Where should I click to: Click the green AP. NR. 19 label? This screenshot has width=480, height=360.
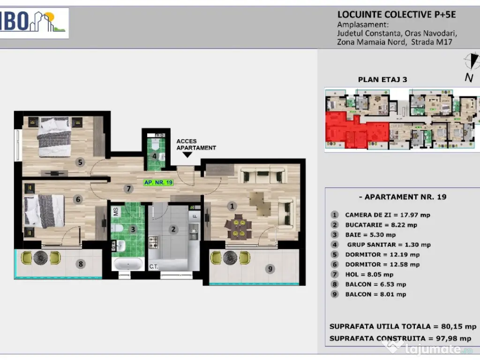158,183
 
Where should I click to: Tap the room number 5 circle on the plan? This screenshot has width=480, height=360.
80,162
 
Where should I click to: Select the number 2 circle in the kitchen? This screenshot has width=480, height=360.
173,229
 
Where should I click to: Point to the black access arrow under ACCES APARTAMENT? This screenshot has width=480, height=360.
187,155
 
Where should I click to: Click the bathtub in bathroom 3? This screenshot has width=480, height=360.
127,264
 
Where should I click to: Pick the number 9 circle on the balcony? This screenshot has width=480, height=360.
270,269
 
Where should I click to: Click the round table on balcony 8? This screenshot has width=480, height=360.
40,258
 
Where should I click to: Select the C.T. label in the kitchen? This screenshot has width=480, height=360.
154,267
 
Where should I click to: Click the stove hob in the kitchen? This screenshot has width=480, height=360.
153,242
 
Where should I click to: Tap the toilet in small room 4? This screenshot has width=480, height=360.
155,144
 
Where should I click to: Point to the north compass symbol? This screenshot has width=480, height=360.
472,61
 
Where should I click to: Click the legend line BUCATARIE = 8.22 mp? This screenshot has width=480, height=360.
381,225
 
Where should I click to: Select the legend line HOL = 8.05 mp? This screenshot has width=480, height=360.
369,275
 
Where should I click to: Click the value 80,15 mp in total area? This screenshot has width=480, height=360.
458,327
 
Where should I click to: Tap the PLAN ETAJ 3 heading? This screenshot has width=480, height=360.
382,80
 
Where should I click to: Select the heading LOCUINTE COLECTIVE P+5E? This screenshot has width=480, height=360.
397,15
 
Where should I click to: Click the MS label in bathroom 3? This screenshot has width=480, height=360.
116,211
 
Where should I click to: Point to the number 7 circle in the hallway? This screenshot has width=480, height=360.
128,189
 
